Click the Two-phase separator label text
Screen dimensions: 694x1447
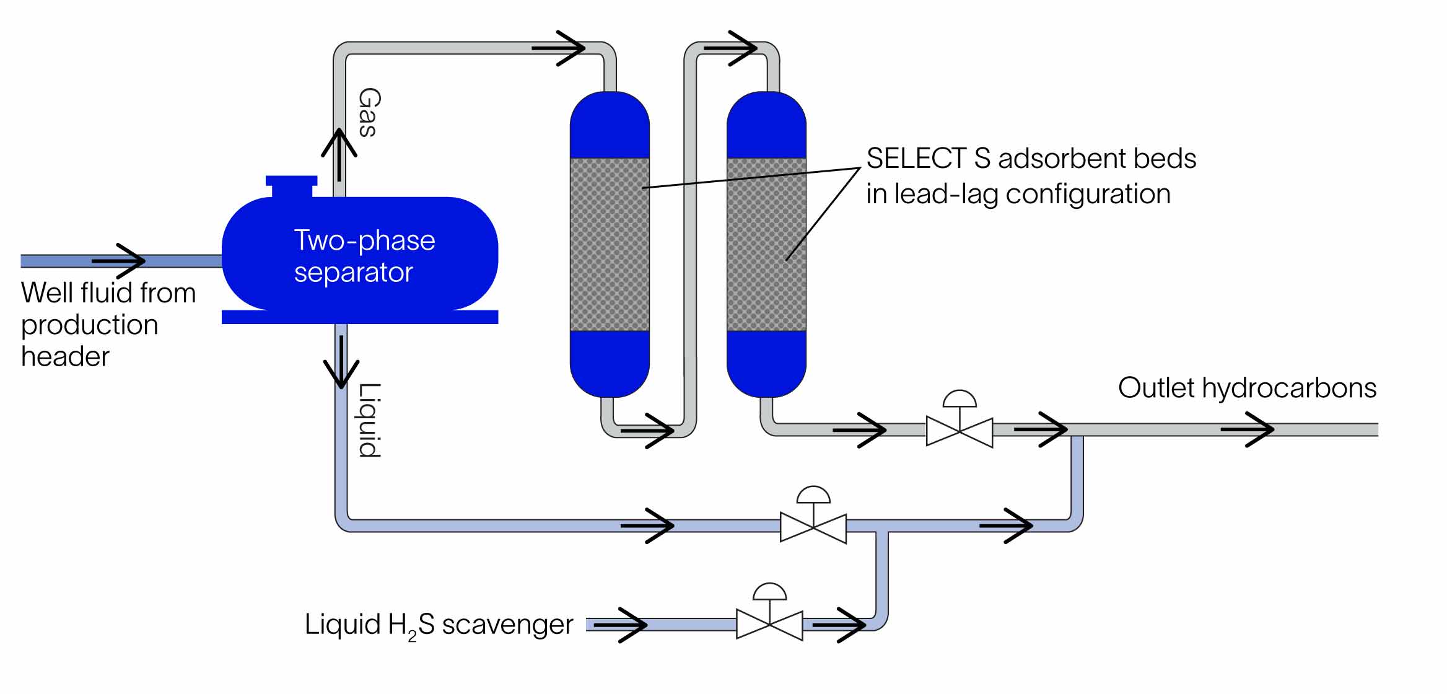pyautogui.click(x=364, y=256)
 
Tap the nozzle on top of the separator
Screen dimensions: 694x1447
pyautogui.click(x=292, y=185)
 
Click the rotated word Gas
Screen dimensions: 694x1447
pyautogui.click(x=369, y=112)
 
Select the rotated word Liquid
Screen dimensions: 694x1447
pyautogui.click(x=370, y=420)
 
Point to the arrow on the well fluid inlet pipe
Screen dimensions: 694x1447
pyautogui.click(x=120, y=261)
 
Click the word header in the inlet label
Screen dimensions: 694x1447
pyautogui.click(x=65, y=356)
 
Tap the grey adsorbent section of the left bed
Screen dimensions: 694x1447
pyautogui.click(x=610, y=244)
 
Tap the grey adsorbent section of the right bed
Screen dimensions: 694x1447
pyautogui.click(x=766, y=244)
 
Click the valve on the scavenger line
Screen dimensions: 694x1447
pyautogui.click(x=769, y=623)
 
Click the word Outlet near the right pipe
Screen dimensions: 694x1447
pyautogui.click(x=1156, y=388)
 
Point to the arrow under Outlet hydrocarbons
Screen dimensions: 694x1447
pyautogui.click(x=1248, y=429)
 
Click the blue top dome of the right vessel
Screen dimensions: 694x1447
pyautogui.click(x=766, y=124)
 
